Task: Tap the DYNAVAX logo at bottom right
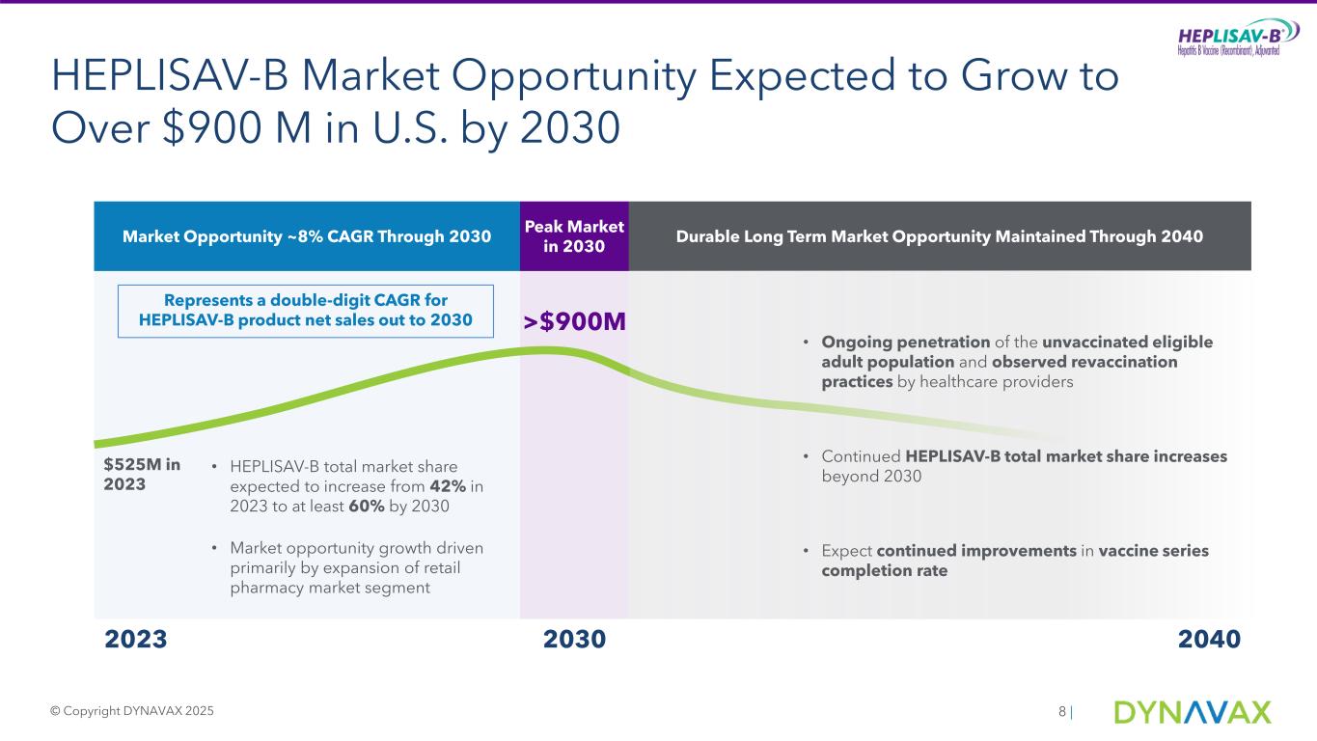[x=1193, y=712]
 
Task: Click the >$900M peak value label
[x=575, y=321]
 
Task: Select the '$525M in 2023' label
[x=142, y=475]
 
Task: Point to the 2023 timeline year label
[x=135, y=640]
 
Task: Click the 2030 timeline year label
[x=574, y=640]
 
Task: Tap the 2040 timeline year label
[x=1209, y=640]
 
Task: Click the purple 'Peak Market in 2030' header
[x=574, y=236]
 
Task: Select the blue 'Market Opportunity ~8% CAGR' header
[x=307, y=236]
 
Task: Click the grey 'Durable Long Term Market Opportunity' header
[x=940, y=236]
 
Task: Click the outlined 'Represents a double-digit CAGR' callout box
[x=306, y=311]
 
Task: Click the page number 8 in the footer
[x=1062, y=712]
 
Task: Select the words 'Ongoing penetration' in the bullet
[x=905, y=343]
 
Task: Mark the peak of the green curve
[x=547, y=349]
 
